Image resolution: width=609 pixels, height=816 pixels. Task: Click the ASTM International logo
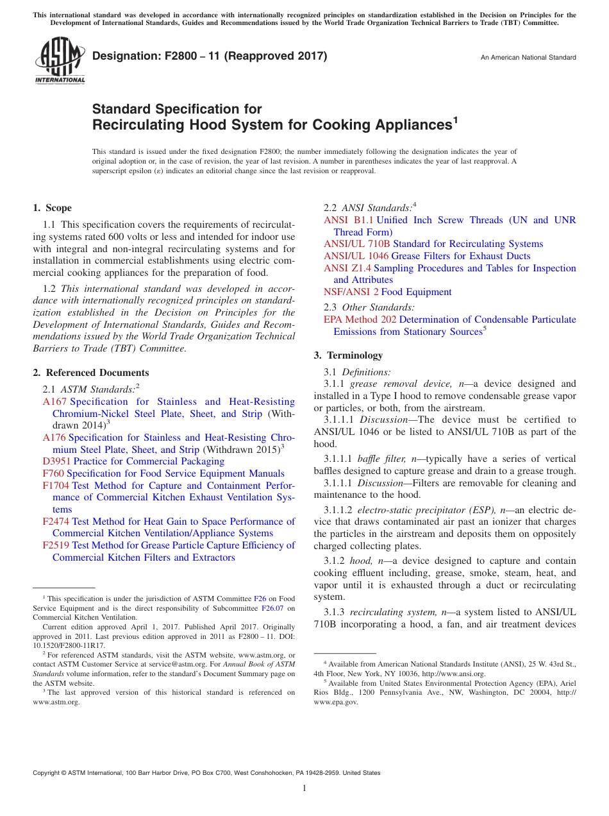click(x=60, y=60)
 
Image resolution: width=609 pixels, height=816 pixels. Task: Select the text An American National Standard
click(x=528, y=58)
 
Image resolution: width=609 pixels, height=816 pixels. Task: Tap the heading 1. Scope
click(x=52, y=208)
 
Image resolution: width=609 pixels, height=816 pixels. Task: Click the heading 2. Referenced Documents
click(x=90, y=373)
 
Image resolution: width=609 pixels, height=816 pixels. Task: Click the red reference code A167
click(x=54, y=402)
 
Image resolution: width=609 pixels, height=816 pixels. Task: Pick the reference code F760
click(x=53, y=473)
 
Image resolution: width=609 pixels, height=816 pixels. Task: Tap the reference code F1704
click(x=56, y=486)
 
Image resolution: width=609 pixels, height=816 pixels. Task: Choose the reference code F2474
click(x=56, y=522)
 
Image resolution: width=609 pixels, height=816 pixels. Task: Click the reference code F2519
click(x=56, y=545)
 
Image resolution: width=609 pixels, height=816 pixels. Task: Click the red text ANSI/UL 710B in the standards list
click(x=357, y=244)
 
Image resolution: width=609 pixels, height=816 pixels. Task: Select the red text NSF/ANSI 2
click(x=351, y=292)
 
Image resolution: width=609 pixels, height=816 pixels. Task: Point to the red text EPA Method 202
click(x=360, y=319)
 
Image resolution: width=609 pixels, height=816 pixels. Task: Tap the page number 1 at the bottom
click(x=304, y=788)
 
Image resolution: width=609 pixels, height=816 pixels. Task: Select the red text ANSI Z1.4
click(x=347, y=268)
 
